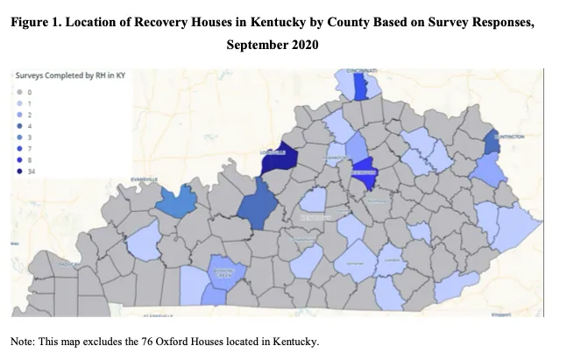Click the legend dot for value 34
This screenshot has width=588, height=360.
point(19,172)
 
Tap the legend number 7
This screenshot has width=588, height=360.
point(29,149)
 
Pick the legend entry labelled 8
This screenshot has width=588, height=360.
point(29,160)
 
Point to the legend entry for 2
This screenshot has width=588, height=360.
point(29,114)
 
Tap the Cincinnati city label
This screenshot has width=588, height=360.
point(361,70)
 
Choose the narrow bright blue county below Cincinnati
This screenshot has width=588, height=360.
point(360,87)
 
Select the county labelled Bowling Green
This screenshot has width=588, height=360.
point(223,272)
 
